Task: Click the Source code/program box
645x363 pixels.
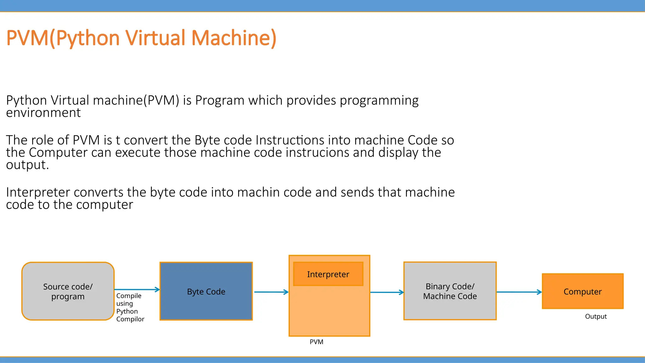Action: (68, 291)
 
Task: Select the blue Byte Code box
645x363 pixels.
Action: (206, 291)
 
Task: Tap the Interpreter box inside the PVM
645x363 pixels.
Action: (328, 274)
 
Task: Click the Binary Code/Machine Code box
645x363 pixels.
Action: (450, 291)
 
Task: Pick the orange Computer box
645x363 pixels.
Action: (582, 291)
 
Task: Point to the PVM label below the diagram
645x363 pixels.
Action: (316, 342)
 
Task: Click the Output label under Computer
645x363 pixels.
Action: (596, 316)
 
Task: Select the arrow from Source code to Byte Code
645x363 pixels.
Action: (137, 289)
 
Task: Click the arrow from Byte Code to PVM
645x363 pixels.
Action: (271, 292)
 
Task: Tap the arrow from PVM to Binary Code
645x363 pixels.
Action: (387, 292)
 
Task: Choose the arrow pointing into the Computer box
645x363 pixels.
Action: (519, 292)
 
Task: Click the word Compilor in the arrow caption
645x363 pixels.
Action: (130, 319)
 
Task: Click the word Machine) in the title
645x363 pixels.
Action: (234, 38)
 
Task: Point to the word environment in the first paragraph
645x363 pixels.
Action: (43, 113)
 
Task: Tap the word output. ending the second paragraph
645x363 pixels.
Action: (27, 165)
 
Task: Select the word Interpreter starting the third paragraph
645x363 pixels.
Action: (38, 192)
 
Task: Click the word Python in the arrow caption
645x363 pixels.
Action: (127, 311)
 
